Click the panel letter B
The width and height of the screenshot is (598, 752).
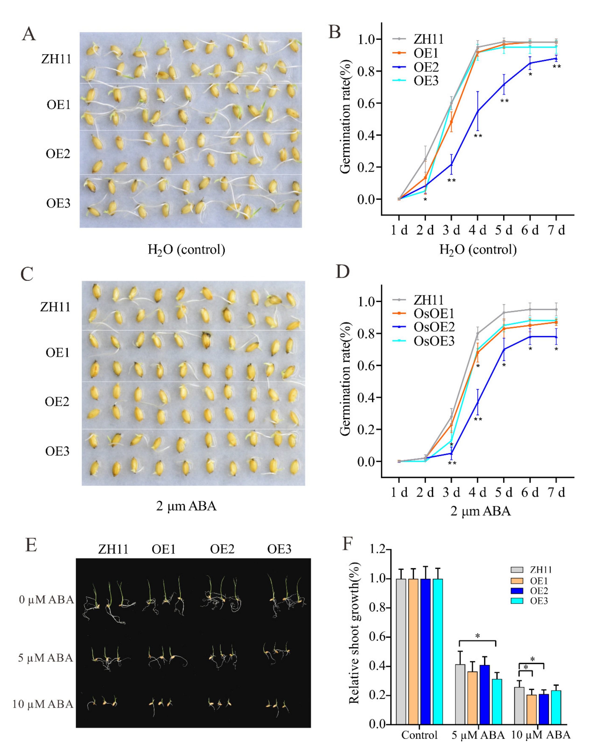click(x=334, y=32)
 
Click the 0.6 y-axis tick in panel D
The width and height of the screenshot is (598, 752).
click(x=369, y=366)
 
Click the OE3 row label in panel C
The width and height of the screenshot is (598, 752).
click(x=57, y=451)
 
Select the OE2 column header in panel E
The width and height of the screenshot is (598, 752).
click(x=222, y=549)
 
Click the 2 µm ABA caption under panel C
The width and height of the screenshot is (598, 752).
click(x=186, y=506)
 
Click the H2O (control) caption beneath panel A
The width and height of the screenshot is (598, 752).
click(x=186, y=250)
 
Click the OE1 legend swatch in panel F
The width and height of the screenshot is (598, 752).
click(x=517, y=581)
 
